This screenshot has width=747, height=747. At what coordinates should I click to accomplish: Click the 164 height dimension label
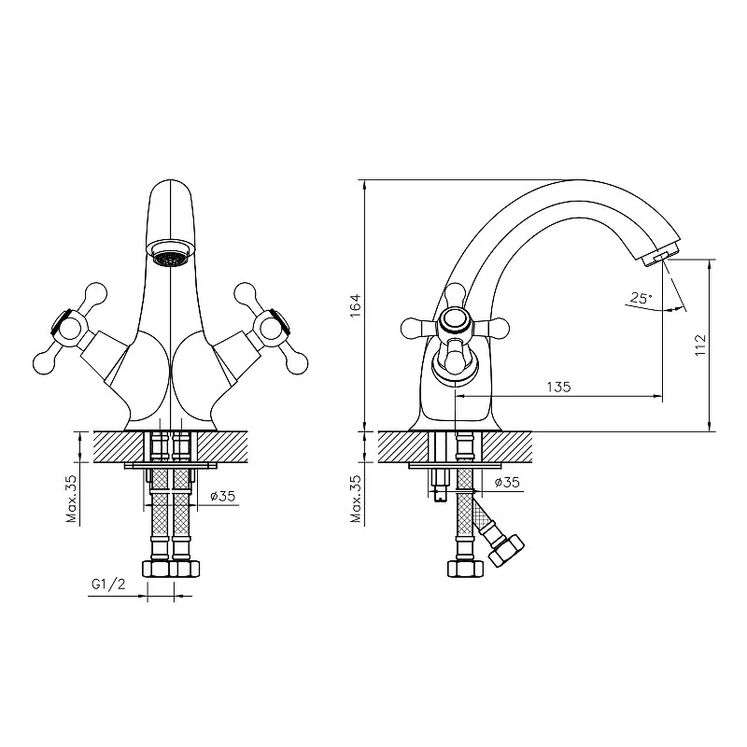[x=356, y=306]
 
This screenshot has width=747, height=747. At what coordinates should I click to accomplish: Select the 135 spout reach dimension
[x=558, y=387]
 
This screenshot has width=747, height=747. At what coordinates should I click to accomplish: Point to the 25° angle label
[x=641, y=298]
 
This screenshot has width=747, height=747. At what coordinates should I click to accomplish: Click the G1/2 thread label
[x=108, y=585]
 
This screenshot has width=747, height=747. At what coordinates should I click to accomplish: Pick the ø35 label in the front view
[x=223, y=496]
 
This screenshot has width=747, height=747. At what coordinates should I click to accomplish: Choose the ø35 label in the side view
[x=507, y=482]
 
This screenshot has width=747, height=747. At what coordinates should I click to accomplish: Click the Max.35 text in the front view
[x=72, y=500]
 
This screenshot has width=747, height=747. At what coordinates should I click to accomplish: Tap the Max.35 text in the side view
[x=356, y=500]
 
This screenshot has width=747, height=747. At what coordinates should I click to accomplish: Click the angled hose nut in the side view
[x=507, y=551]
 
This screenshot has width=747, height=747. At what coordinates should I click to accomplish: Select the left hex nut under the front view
[x=156, y=569]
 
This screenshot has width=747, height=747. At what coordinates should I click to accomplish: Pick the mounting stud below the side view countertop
[x=439, y=486]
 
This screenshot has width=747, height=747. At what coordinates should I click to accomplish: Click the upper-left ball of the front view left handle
[x=96, y=293]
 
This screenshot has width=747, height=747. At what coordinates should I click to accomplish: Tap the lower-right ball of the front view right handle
[x=297, y=364]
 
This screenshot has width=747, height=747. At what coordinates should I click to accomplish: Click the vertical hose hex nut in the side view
[x=465, y=569]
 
